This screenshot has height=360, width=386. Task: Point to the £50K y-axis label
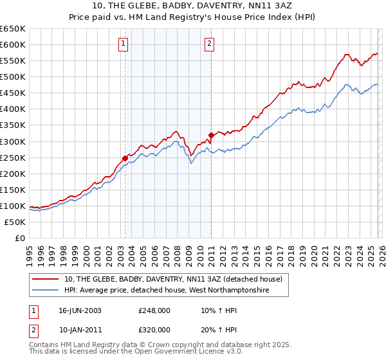pos(15,222)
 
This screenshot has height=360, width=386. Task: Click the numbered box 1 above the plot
pos(123,44)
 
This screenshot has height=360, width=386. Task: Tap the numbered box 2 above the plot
pos(210,44)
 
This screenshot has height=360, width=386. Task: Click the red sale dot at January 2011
pos(210,135)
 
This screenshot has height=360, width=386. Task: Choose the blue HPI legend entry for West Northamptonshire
pos(167,291)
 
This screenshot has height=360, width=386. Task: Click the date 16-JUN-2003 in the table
pos(80,310)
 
